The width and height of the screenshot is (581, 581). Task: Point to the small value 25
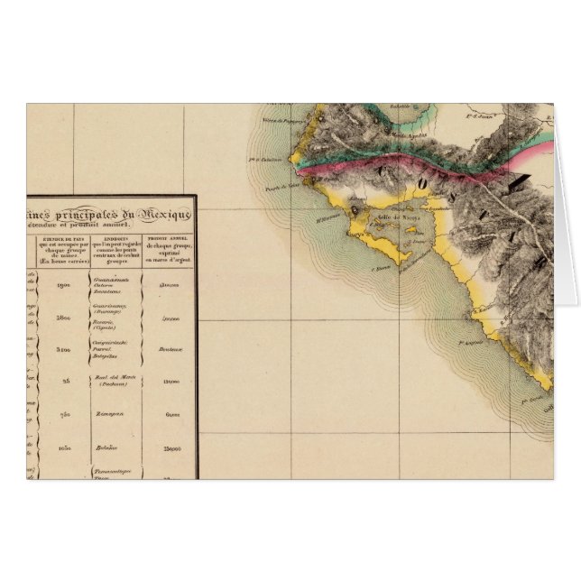coord(66,381)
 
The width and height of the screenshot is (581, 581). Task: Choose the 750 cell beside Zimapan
coord(65,413)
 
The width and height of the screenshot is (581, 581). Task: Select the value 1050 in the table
coord(64,446)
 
